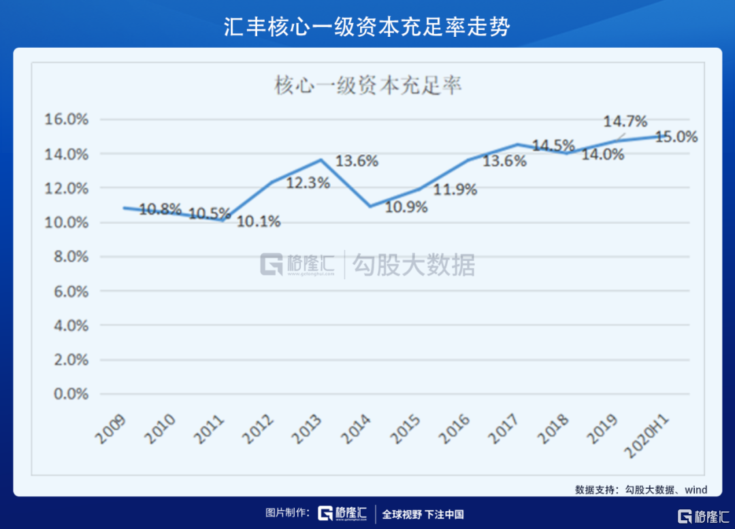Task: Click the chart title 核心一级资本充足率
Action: coord(367,86)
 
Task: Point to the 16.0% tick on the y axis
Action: coord(67,120)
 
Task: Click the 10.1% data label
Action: coord(259,221)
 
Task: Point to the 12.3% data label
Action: coord(308,182)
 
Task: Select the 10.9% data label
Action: coord(406,207)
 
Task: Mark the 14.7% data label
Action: coord(625,122)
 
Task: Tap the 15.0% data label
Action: coord(676,137)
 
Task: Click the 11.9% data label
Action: coord(455,190)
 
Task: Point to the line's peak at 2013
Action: coord(321,160)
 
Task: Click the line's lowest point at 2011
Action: coord(223,220)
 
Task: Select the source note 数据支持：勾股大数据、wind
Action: coord(640,490)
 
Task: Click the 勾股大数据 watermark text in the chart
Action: coord(413,265)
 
